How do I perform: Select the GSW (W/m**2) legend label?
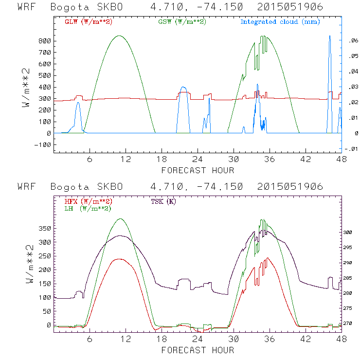181,22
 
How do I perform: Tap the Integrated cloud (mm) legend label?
280,22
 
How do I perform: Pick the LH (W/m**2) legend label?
88,208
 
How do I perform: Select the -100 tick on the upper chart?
43,145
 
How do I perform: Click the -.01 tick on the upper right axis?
351,148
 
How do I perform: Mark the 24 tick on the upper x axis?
198,160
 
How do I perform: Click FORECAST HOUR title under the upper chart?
198,170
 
